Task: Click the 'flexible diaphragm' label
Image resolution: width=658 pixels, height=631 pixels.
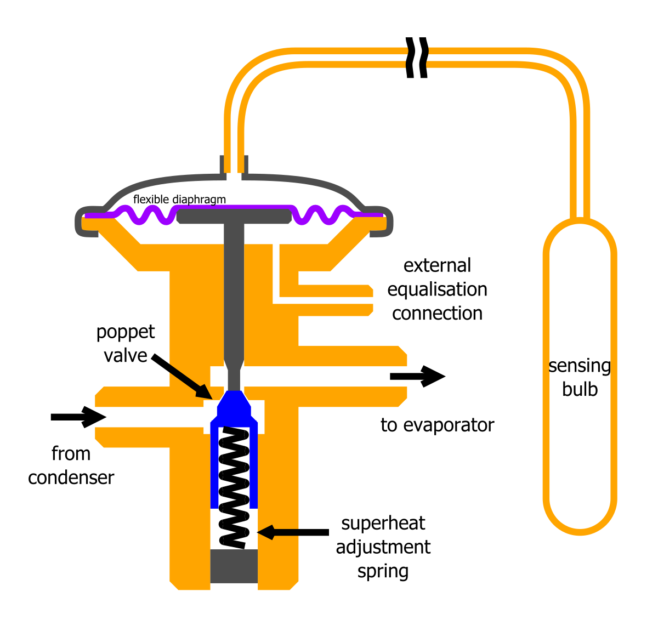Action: click(179, 200)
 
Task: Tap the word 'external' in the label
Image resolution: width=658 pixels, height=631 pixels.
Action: click(437, 265)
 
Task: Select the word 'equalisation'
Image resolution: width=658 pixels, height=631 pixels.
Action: click(437, 289)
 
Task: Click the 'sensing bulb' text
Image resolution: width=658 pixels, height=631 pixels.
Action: click(580, 377)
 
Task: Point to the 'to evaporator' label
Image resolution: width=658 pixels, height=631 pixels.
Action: click(437, 425)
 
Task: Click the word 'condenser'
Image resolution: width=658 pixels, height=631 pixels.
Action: click(71, 477)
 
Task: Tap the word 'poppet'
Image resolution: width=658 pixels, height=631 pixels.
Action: click(126, 332)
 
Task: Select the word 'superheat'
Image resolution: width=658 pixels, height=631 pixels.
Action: click(383, 523)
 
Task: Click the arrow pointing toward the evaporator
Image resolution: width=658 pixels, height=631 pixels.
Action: click(417, 377)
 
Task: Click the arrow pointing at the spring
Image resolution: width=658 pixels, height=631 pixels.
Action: click(293, 532)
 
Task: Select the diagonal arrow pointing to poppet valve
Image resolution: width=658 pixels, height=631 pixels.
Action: click(181, 376)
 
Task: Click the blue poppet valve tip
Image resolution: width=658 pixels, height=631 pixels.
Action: click(234, 405)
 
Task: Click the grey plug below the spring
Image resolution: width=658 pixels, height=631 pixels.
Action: click(234, 566)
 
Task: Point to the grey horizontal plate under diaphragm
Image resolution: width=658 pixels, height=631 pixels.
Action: click(234, 216)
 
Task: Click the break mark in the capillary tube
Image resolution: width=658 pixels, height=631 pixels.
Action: click(417, 58)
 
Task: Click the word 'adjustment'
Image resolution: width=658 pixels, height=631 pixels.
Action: click(383, 547)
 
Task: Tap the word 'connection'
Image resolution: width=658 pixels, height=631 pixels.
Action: click(437, 314)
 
